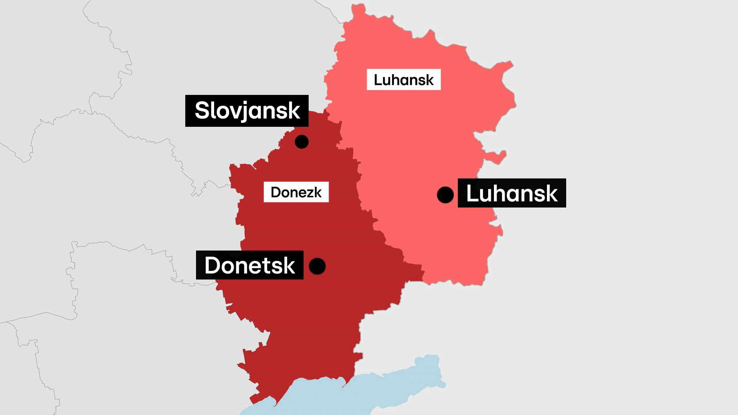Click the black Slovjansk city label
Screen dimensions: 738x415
click(x=247, y=111)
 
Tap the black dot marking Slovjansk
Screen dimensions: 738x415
click(x=302, y=142)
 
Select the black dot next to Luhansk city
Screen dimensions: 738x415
click(x=445, y=195)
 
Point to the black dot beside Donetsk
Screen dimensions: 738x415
click(x=317, y=266)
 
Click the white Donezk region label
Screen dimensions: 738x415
click(x=296, y=192)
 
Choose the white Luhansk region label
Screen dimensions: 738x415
click(x=404, y=80)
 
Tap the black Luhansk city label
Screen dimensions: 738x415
click(x=512, y=193)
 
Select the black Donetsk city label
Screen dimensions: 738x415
click(x=250, y=265)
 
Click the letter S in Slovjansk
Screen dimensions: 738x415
click(x=202, y=111)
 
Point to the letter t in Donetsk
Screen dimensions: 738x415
click(x=267, y=265)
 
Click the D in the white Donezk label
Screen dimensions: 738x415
click(x=275, y=192)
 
